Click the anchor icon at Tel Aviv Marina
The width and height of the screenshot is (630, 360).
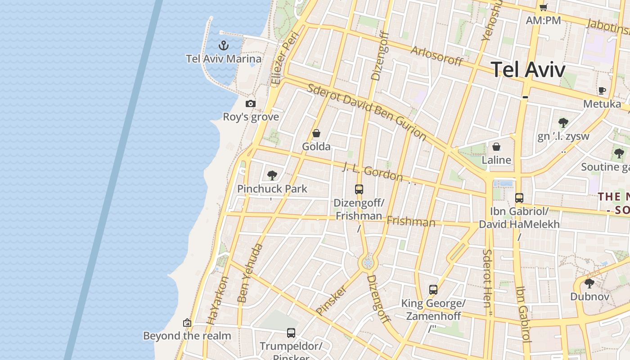(x=224, y=45)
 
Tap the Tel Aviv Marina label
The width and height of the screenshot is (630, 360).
(x=224, y=59)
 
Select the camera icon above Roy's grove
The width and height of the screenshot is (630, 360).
(x=251, y=104)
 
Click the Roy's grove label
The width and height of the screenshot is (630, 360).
(x=251, y=117)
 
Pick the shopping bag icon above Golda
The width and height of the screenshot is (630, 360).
(x=316, y=133)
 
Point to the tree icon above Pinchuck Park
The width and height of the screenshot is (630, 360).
(x=272, y=175)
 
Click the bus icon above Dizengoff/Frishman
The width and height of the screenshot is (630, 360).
(x=359, y=189)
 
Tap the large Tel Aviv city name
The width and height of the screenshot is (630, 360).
(x=528, y=70)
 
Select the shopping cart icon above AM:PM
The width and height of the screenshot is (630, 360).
(x=543, y=7)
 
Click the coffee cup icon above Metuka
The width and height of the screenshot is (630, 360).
(x=602, y=90)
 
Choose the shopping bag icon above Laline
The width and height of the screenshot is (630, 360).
(x=496, y=147)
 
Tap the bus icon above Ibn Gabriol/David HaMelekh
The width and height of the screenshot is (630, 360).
(x=519, y=198)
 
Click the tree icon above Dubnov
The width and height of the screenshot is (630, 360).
(x=589, y=283)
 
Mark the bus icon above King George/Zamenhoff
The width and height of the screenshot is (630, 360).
(x=433, y=290)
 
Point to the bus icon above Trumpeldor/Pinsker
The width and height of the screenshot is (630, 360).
(x=291, y=333)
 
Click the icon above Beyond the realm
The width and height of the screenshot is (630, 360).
(x=187, y=323)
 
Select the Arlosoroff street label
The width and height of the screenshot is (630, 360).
(x=436, y=56)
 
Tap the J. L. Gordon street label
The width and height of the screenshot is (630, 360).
(x=373, y=171)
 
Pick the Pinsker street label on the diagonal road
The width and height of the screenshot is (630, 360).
(x=331, y=300)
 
